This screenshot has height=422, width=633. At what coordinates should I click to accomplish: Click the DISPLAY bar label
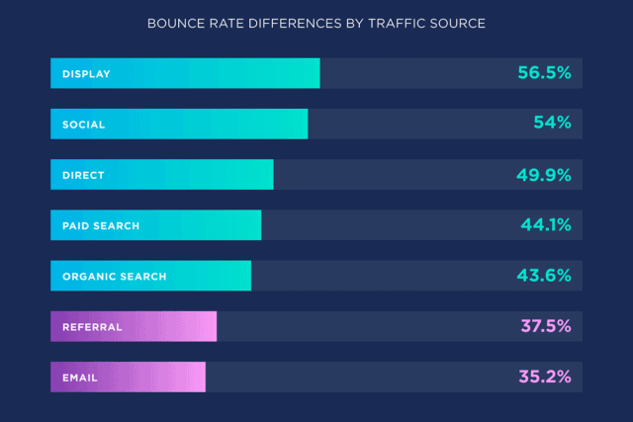86,73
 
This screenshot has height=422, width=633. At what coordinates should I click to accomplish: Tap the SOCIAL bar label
83,125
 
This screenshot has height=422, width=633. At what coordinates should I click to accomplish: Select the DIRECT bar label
83,175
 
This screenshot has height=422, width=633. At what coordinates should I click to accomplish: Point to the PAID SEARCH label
101,225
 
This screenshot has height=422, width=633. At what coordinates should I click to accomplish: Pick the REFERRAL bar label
92,327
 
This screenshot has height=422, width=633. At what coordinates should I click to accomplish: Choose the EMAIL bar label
80,378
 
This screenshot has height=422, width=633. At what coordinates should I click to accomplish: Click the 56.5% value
544,73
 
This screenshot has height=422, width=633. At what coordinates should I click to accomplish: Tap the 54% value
551,124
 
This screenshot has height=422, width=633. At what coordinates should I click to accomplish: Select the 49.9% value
543,175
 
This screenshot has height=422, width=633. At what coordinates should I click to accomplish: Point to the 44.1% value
546,225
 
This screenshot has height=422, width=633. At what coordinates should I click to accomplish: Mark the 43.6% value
544,276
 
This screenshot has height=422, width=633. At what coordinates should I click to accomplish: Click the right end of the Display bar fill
317,73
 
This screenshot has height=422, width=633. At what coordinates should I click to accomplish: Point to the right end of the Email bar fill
204,378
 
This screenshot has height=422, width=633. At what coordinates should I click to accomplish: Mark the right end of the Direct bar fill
271,175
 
